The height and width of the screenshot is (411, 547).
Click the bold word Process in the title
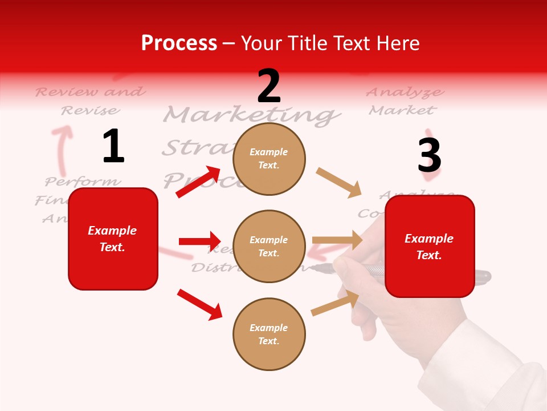tap(179, 43)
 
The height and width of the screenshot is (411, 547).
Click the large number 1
tap(113, 146)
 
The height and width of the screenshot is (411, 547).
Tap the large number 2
tap(269, 86)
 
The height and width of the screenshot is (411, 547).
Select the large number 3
tap(429, 155)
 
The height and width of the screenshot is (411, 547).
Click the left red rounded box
tap(113, 239)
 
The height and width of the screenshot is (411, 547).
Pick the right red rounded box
tap(430, 246)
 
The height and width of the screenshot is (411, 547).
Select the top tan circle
tap(269, 159)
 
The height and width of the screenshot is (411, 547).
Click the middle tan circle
tap(269, 246)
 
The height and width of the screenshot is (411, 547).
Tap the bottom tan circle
tap(269, 334)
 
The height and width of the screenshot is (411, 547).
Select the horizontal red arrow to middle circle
tap(199, 241)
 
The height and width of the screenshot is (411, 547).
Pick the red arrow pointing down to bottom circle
tap(200, 304)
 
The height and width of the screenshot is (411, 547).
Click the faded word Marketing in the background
tap(251, 115)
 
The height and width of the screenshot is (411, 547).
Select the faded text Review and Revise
tap(90, 100)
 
